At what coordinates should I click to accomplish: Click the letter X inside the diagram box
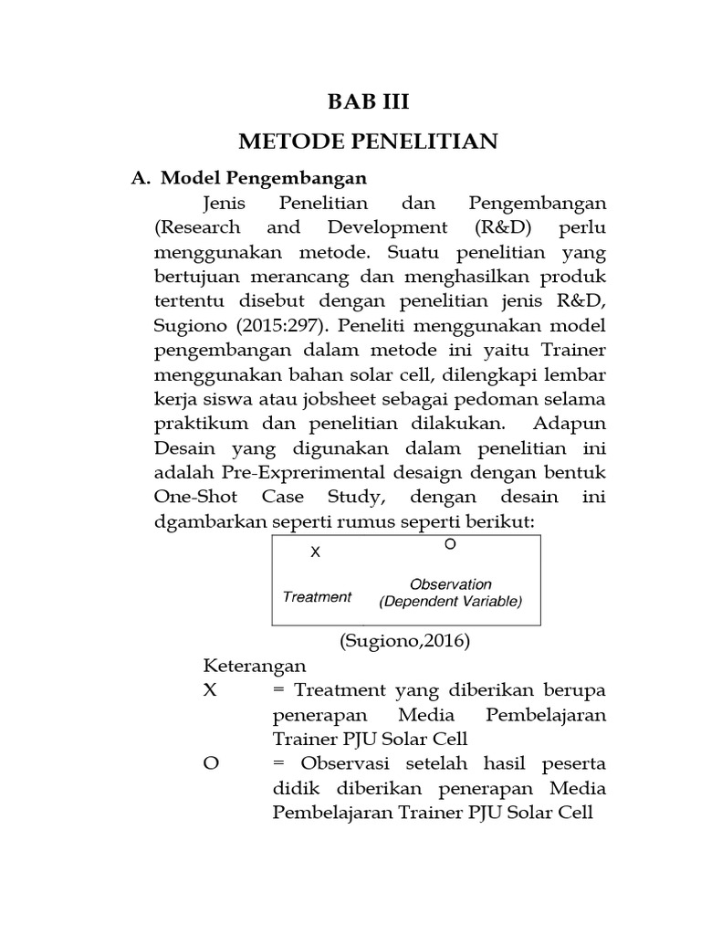[316, 552]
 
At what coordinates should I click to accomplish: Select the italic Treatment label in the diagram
[317, 597]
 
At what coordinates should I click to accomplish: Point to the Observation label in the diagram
[450, 584]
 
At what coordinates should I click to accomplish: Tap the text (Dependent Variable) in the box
[450, 602]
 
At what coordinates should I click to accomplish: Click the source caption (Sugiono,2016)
[405, 641]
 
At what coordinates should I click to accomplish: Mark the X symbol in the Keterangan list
[211, 690]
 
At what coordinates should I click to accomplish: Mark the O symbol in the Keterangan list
[212, 763]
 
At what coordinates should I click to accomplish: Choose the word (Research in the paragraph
[199, 227]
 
